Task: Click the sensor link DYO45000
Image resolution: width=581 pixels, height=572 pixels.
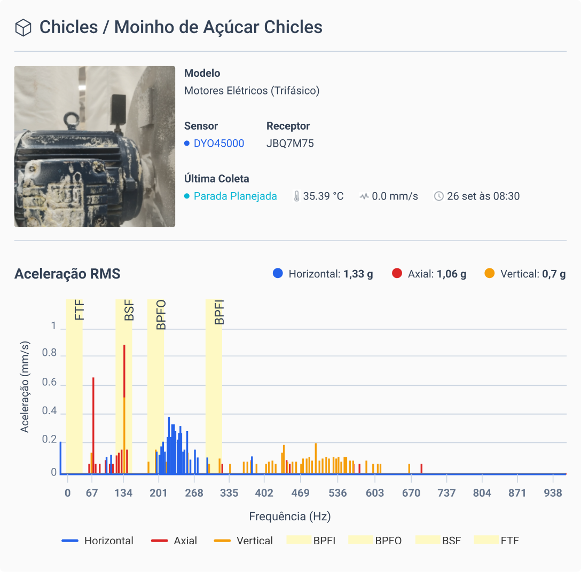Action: click(x=218, y=144)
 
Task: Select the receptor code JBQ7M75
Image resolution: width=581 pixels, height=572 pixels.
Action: click(x=290, y=144)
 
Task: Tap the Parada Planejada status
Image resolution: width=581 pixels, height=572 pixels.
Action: click(x=235, y=196)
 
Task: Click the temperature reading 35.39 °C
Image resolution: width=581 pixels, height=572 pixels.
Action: click(x=323, y=196)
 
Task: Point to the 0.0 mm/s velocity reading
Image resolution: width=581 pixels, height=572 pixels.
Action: click(x=395, y=196)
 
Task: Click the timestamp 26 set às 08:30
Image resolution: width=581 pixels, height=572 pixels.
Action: click(x=483, y=196)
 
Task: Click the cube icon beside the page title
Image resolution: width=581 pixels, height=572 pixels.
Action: click(x=23, y=28)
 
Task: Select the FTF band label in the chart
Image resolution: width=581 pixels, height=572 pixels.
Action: click(x=80, y=311)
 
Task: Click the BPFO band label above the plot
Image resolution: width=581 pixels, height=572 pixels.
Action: click(x=161, y=315)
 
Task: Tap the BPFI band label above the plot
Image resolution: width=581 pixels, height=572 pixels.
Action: click(x=219, y=313)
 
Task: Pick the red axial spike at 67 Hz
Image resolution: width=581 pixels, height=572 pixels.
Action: click(x=93, y=422)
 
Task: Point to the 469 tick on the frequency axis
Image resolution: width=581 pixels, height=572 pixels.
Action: click(x=301, y=493)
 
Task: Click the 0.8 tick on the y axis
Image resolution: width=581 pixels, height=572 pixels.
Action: click(x=49, y=353)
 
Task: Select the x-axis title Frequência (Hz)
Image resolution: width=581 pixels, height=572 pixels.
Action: click(x=290, y=517)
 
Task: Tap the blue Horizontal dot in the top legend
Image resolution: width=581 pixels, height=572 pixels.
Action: click(x=278, y=274)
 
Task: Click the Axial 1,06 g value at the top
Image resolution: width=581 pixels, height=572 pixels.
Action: click(x=451, y=274)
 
